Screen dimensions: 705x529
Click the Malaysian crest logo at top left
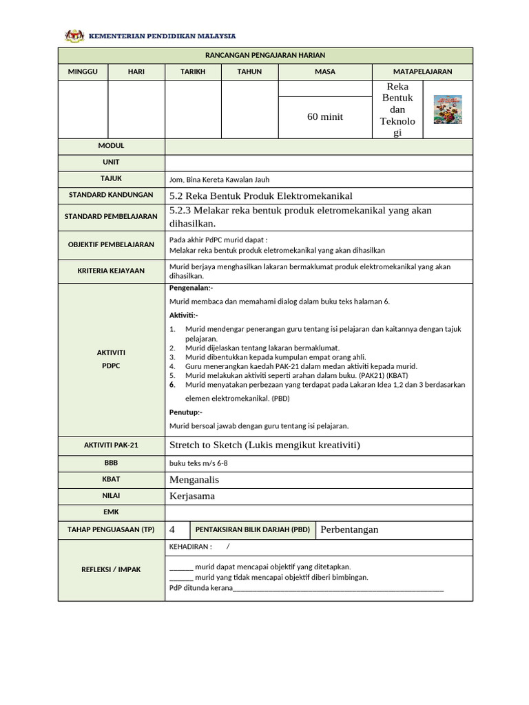[72, 35]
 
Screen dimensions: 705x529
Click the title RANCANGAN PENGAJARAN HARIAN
[265, 55]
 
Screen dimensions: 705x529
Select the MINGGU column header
[83, 72]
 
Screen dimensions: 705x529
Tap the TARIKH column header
[193, 72]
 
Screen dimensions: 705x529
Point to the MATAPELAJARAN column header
[422, 72]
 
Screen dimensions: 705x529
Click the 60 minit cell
[324, 117]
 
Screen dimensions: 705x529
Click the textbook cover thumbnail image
[447, 109]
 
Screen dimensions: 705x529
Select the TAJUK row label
[111, 178]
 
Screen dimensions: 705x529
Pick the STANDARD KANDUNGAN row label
[111, 195]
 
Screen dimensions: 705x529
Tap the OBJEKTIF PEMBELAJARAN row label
[111, 244]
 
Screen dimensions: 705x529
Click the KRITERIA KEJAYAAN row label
[111, 271]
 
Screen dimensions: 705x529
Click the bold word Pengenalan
[191, 288]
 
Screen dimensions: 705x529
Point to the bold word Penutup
[185, 412]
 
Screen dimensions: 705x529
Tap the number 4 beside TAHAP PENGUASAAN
[172, 529]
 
